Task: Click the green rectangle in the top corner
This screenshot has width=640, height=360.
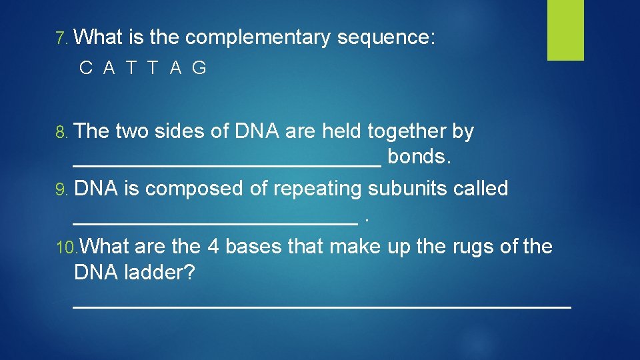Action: click(x=565, y=30)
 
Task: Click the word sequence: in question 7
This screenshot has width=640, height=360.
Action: click(x=386, y=38)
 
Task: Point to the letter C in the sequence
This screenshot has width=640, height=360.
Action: click(x=85, y=68)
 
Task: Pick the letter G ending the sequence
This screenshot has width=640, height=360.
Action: click(x=199, y=68)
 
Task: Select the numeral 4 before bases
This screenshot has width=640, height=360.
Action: click(x=213, y=247)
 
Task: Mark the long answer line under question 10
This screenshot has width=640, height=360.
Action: click(x=321, y=306)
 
